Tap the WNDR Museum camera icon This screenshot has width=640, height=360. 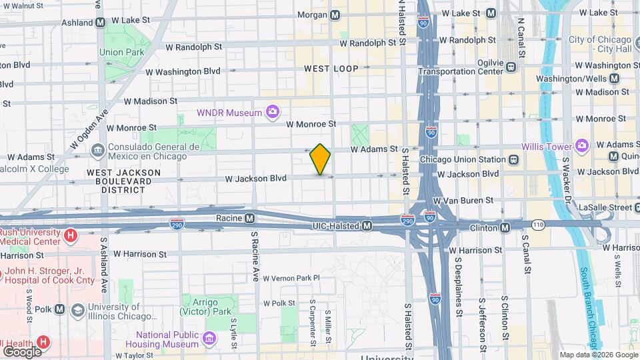(x=272, y=113)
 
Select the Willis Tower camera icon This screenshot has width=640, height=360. (x=582, y=145)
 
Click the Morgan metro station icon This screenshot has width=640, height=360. (x=335, y=15)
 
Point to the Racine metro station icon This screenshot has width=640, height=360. (x=249, y=218)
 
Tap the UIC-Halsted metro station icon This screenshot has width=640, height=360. (x=367, y=227)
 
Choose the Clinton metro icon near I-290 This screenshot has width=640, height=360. (x=505, y=228)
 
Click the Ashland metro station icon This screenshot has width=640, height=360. (x=100, y=22)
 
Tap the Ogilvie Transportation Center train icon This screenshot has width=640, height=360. (x=511, y=67)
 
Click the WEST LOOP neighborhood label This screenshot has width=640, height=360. (x=331, y=69)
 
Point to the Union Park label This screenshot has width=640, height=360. (x=121, y=52)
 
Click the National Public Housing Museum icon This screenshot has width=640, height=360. (x=210, y=339)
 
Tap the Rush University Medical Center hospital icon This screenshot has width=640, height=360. (x=70, y=235)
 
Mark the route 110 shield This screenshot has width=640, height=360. (x=538, y=225)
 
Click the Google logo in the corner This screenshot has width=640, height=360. (x=22, y=351)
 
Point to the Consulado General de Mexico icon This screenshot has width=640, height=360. (x=97, y=151)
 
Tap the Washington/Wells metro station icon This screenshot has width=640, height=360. (x=614, y=78)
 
